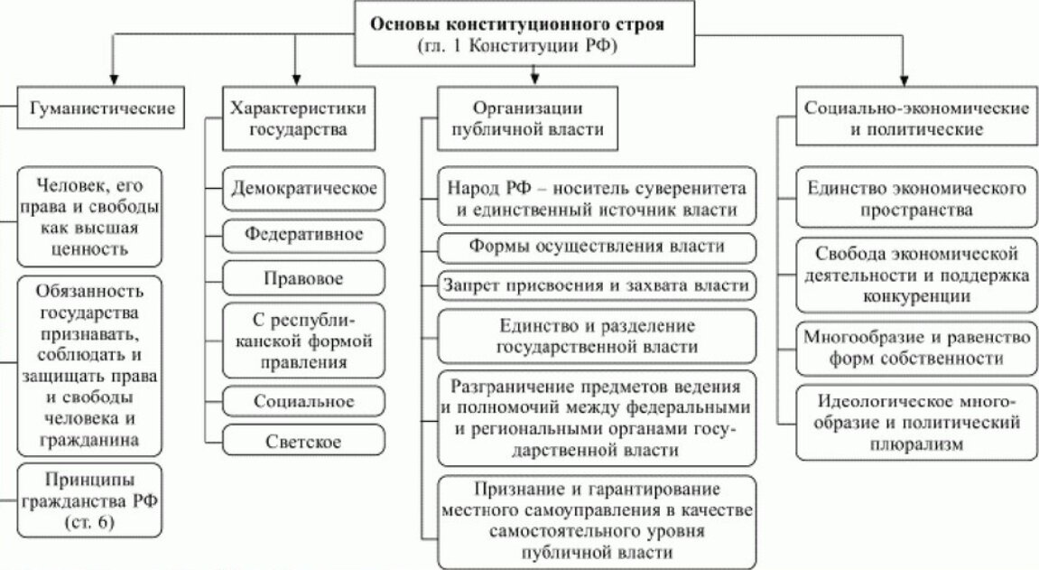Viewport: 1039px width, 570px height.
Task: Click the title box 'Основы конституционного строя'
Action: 518,34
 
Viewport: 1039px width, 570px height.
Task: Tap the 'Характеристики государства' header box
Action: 299,117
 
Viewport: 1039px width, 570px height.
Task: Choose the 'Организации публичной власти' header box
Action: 528,117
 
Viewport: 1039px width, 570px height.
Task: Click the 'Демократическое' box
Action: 303,191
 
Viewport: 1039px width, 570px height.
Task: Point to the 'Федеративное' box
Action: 303,235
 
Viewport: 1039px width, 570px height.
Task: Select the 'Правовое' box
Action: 303,279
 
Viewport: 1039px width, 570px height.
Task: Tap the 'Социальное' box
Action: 303,401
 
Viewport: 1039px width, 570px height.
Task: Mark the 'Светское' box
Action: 303,443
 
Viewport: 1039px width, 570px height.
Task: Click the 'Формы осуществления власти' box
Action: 597,247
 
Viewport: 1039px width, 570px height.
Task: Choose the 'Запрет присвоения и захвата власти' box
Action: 597,285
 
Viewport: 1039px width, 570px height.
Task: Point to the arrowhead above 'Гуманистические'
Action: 112,78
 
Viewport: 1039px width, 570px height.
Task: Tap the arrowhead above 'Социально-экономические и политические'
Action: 903,78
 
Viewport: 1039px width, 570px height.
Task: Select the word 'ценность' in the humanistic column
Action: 89,248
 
